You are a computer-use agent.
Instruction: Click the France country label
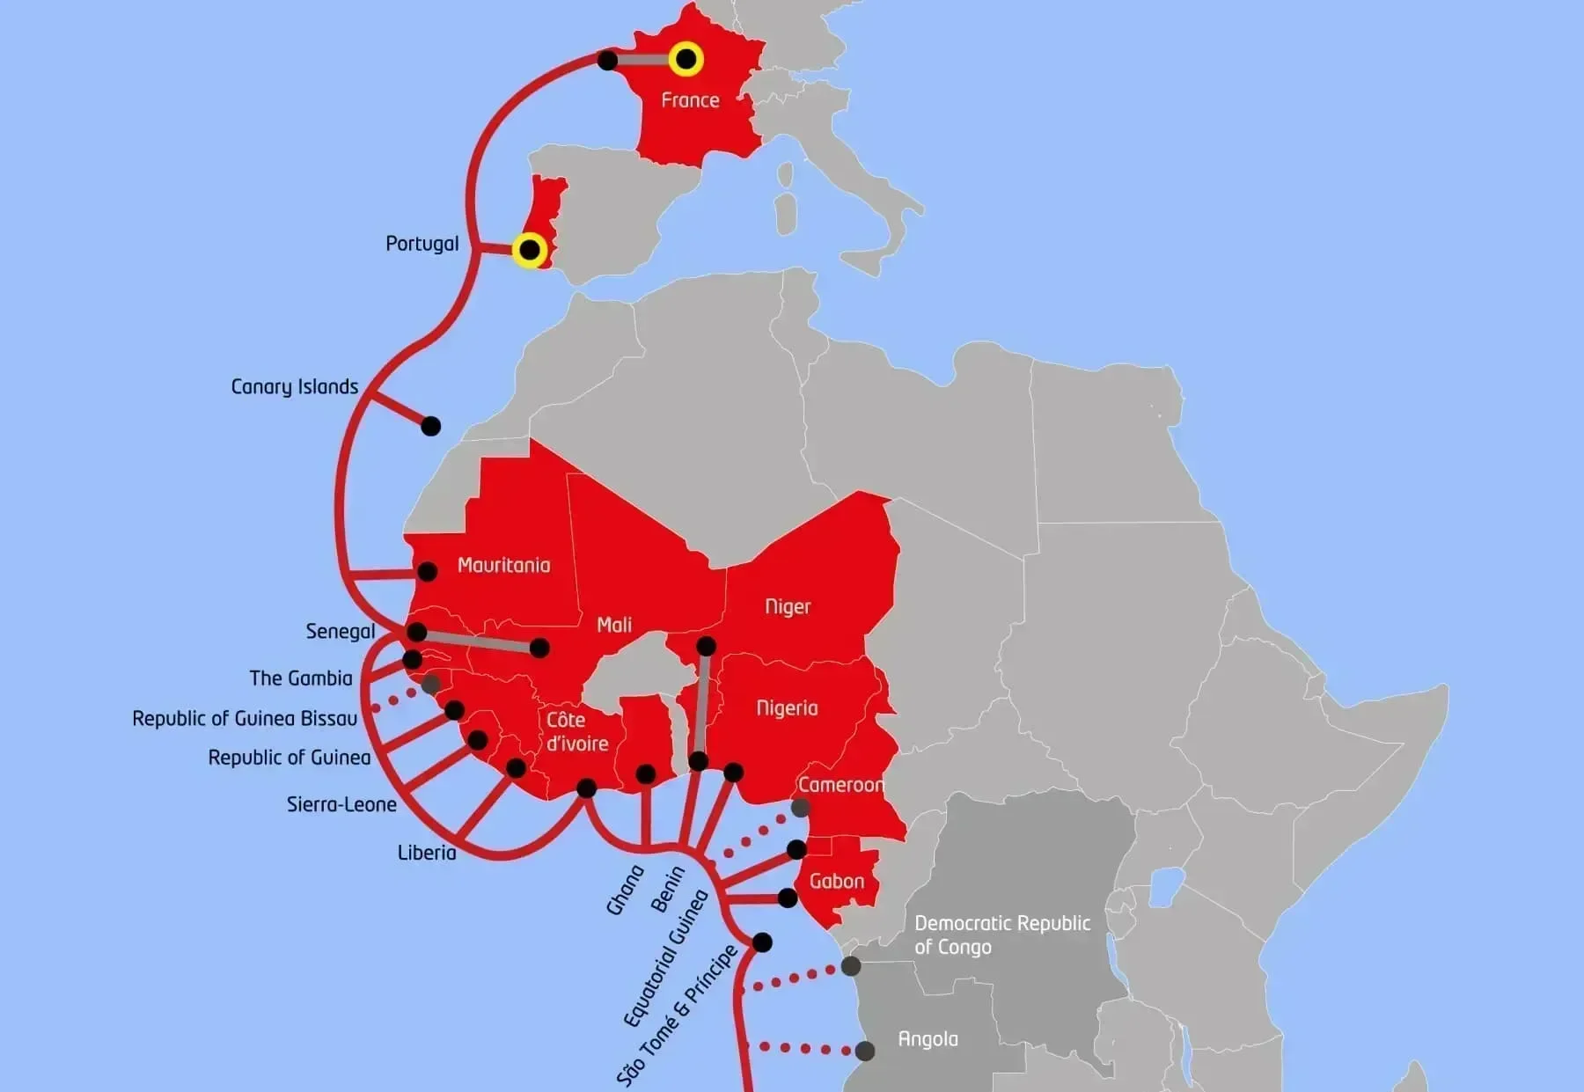tap(690, 100)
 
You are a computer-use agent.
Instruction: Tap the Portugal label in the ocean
tap(422, 244)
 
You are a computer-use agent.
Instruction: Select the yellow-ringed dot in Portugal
tap(530, 251)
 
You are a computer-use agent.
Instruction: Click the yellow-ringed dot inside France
tap(686, 60)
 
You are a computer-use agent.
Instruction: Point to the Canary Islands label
tap(294, 387)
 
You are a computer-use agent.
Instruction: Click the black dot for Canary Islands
tap(430, 427)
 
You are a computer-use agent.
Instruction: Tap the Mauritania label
tap(503, 566)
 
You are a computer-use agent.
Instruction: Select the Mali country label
tap(613, 625)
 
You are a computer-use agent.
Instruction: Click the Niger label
tap(787, 606)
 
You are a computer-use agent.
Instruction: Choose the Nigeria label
tap(787, 708)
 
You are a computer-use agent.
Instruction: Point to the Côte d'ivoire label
tap(576, 732)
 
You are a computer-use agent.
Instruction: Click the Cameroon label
tap(840, 785)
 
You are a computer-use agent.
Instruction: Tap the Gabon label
tap(836, 881)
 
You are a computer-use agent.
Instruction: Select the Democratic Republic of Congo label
tap(1001, 934)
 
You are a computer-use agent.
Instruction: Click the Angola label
tap(928, 1039)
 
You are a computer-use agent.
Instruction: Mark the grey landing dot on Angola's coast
tap(865, 1051)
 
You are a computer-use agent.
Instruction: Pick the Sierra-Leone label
tap(341, 804)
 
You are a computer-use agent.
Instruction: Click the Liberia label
tap(427, 853)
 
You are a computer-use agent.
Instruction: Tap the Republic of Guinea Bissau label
tap(245, 719)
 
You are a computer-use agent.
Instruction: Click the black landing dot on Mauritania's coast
tap(427, 572)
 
